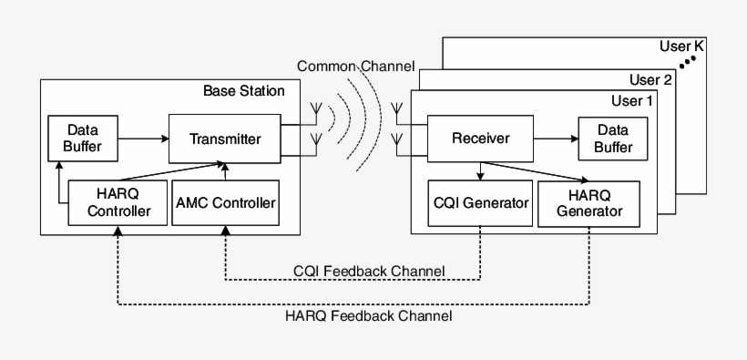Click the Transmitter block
(225, 139)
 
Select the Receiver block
(480, 139)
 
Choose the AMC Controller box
(225, 202)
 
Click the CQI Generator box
(479, 203)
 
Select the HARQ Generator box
(589, 203)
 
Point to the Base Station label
(243, 91)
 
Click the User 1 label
(631, 100)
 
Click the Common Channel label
(355, 67)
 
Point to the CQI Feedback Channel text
(369, 271)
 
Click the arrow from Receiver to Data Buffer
(555, 139)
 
